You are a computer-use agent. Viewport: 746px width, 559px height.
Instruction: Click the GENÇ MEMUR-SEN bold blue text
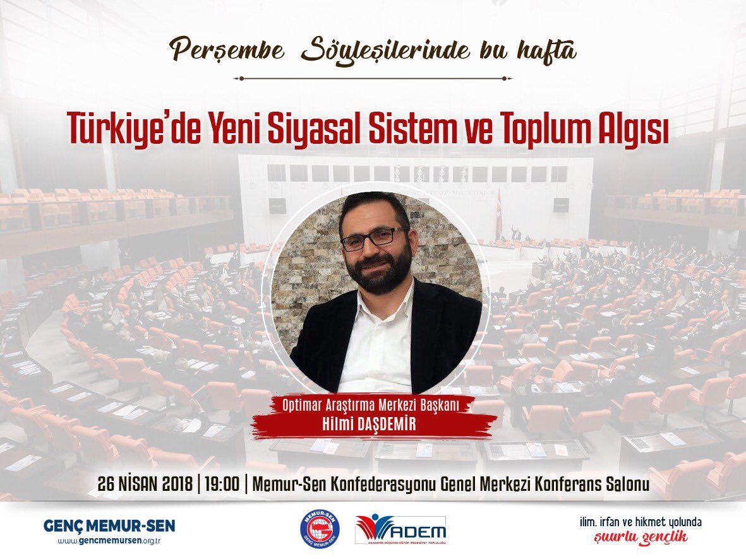(109, 526)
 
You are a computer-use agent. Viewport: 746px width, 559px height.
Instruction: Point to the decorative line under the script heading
(373, 79)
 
